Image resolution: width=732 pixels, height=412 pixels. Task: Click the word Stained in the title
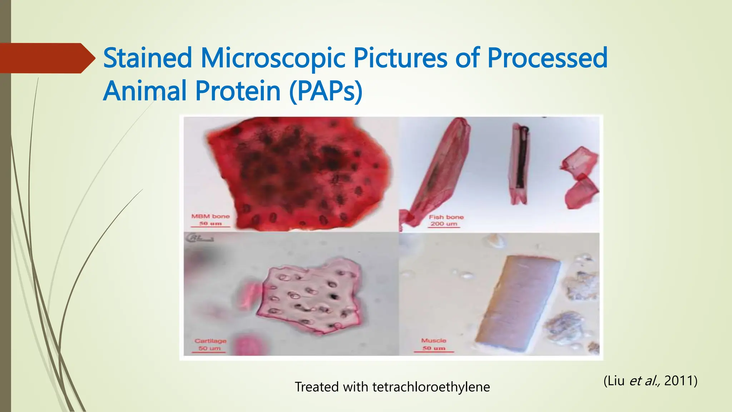coord(148,58)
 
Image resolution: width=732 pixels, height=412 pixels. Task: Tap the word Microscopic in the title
coord(273,58)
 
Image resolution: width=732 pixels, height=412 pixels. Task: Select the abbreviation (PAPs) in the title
coord(326,91)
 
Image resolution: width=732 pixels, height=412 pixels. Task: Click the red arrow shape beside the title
coord(46,58)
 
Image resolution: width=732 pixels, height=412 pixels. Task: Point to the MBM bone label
coord(211,216)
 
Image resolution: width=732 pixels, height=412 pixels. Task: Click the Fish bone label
coord(446,217)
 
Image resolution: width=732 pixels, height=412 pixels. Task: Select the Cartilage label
coord(210,341)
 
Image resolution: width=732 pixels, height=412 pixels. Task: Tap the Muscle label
coord(434,340)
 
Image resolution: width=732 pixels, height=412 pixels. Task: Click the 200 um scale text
coord(444,224)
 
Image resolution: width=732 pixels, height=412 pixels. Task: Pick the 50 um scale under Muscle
coord(434,348)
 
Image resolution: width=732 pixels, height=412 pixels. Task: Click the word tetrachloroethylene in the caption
coord(431,387)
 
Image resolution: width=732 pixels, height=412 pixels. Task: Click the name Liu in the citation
coord(615,381)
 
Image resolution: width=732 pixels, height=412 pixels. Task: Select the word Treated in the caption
coord(317,387)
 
